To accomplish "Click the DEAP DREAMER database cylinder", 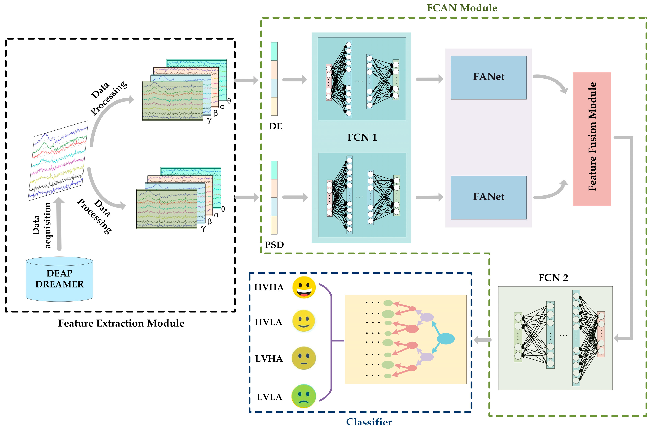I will [x=59, y=279].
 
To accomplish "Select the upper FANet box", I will [x=489, y=78].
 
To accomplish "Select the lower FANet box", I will [x=489, y=197].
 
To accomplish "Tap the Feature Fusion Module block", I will [x=592, y=139].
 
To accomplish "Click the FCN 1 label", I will [x=362, y=137].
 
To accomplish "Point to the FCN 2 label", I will [x=553, y=278].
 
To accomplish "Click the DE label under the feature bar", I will [x=275, y=126].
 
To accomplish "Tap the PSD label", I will [x=274, y=245].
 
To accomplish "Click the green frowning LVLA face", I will [x=304, y=396].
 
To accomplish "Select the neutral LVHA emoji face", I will [x=304, y=358].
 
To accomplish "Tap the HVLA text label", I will [x=268, y=322].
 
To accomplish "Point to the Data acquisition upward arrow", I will [x=59, y=224].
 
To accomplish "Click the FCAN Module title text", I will [x=462, y=8].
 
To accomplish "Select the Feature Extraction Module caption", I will [x=121, y=323].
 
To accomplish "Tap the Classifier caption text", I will [x=369, y=422].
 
